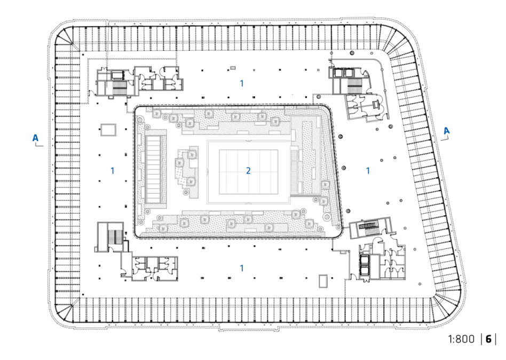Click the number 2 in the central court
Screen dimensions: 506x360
coord(248,170)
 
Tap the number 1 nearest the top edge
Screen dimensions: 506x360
coord(242,83)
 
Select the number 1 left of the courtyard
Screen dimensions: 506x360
coord(112,170)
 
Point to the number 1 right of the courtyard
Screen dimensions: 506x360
coord(368,170)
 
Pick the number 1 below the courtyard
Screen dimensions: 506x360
coord(242,268)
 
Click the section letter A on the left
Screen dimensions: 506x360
coord(35,138)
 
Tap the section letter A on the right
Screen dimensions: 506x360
coord(446,131)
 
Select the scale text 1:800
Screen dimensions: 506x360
coord(461,339)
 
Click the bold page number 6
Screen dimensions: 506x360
coord(488,339)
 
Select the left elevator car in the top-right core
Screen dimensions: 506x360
coord(338,73)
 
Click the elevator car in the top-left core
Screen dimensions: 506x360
coord(117,75)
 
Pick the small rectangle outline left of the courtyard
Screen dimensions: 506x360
coord(108,130)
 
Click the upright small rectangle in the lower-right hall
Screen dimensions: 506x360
coord(323,281)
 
